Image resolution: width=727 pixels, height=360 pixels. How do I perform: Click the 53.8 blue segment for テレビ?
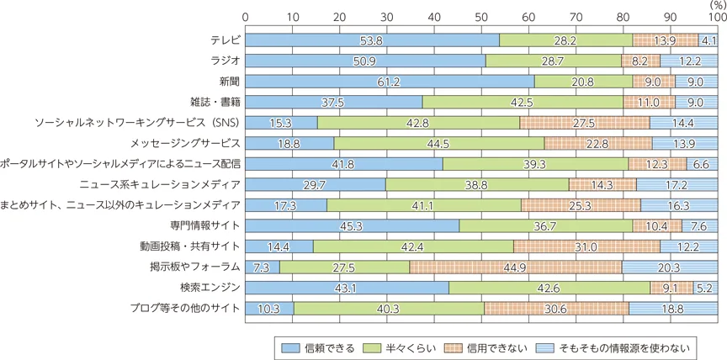pyautogui.click(x=372, y=40)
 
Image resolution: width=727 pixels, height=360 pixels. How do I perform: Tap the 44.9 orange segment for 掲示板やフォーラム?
pyautogui.click(x=516, y=267)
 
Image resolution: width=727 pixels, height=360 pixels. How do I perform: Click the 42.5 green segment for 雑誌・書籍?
pyautogui.click(x=523, y=102)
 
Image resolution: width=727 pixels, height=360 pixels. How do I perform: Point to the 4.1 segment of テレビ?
pyautogui.click(x=708, y=40)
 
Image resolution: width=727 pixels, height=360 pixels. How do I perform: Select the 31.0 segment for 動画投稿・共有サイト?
pyautogui.click(x=586, y=246)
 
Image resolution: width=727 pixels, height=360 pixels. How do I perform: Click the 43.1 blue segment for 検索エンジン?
pyautogui.click(x=347, y=288)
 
